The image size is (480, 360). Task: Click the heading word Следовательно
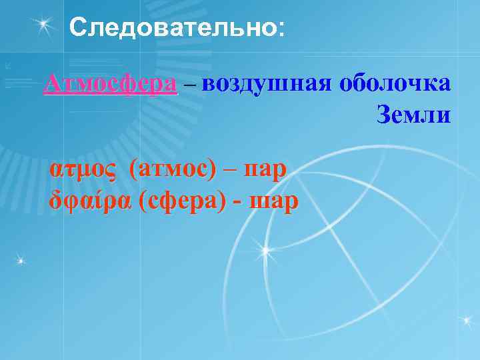171,27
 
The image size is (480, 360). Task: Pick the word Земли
413,115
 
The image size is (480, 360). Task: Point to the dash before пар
231,171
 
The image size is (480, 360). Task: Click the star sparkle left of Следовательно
45,25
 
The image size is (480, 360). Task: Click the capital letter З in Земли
385,115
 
